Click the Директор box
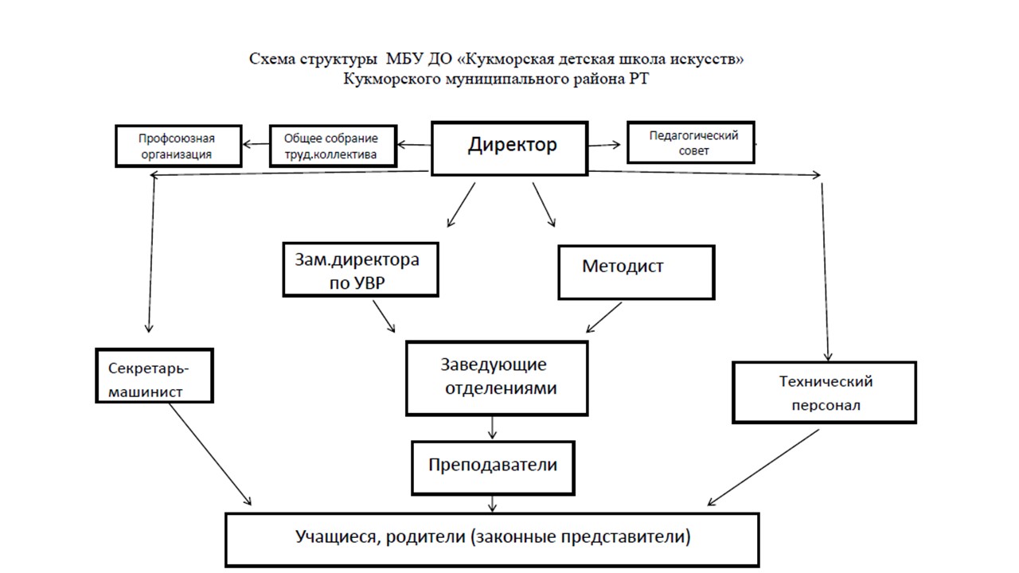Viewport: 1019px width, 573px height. (x=509, y=148)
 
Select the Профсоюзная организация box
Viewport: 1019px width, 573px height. (x=178, y=146)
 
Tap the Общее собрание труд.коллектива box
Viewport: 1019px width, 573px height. (x=333, y=146)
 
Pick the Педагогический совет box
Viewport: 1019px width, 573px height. (x=690, y=143)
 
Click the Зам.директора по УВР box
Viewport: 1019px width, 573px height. (x=361, y=271)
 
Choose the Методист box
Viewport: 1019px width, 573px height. (x=636, y=271)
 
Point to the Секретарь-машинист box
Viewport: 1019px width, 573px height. (x=154, y=375)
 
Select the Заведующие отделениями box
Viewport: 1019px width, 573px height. (x=497, y=378)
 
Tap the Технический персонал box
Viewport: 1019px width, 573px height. (x=824, y=392)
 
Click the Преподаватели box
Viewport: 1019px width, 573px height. (x=493, y=466)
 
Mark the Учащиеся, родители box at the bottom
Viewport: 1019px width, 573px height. (x=493, y=539)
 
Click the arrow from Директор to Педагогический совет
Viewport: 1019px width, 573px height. (x=604, y=144)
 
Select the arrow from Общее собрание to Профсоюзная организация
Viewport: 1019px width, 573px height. (x=256, y=144)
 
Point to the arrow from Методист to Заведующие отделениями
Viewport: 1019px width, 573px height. (x=604, y=318)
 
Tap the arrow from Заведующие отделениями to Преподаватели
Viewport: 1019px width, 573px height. (x=493, y=427)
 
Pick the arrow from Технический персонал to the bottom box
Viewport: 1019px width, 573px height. (x=763, y=468)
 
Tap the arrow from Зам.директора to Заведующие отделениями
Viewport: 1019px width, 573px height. (x=384, y=318)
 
